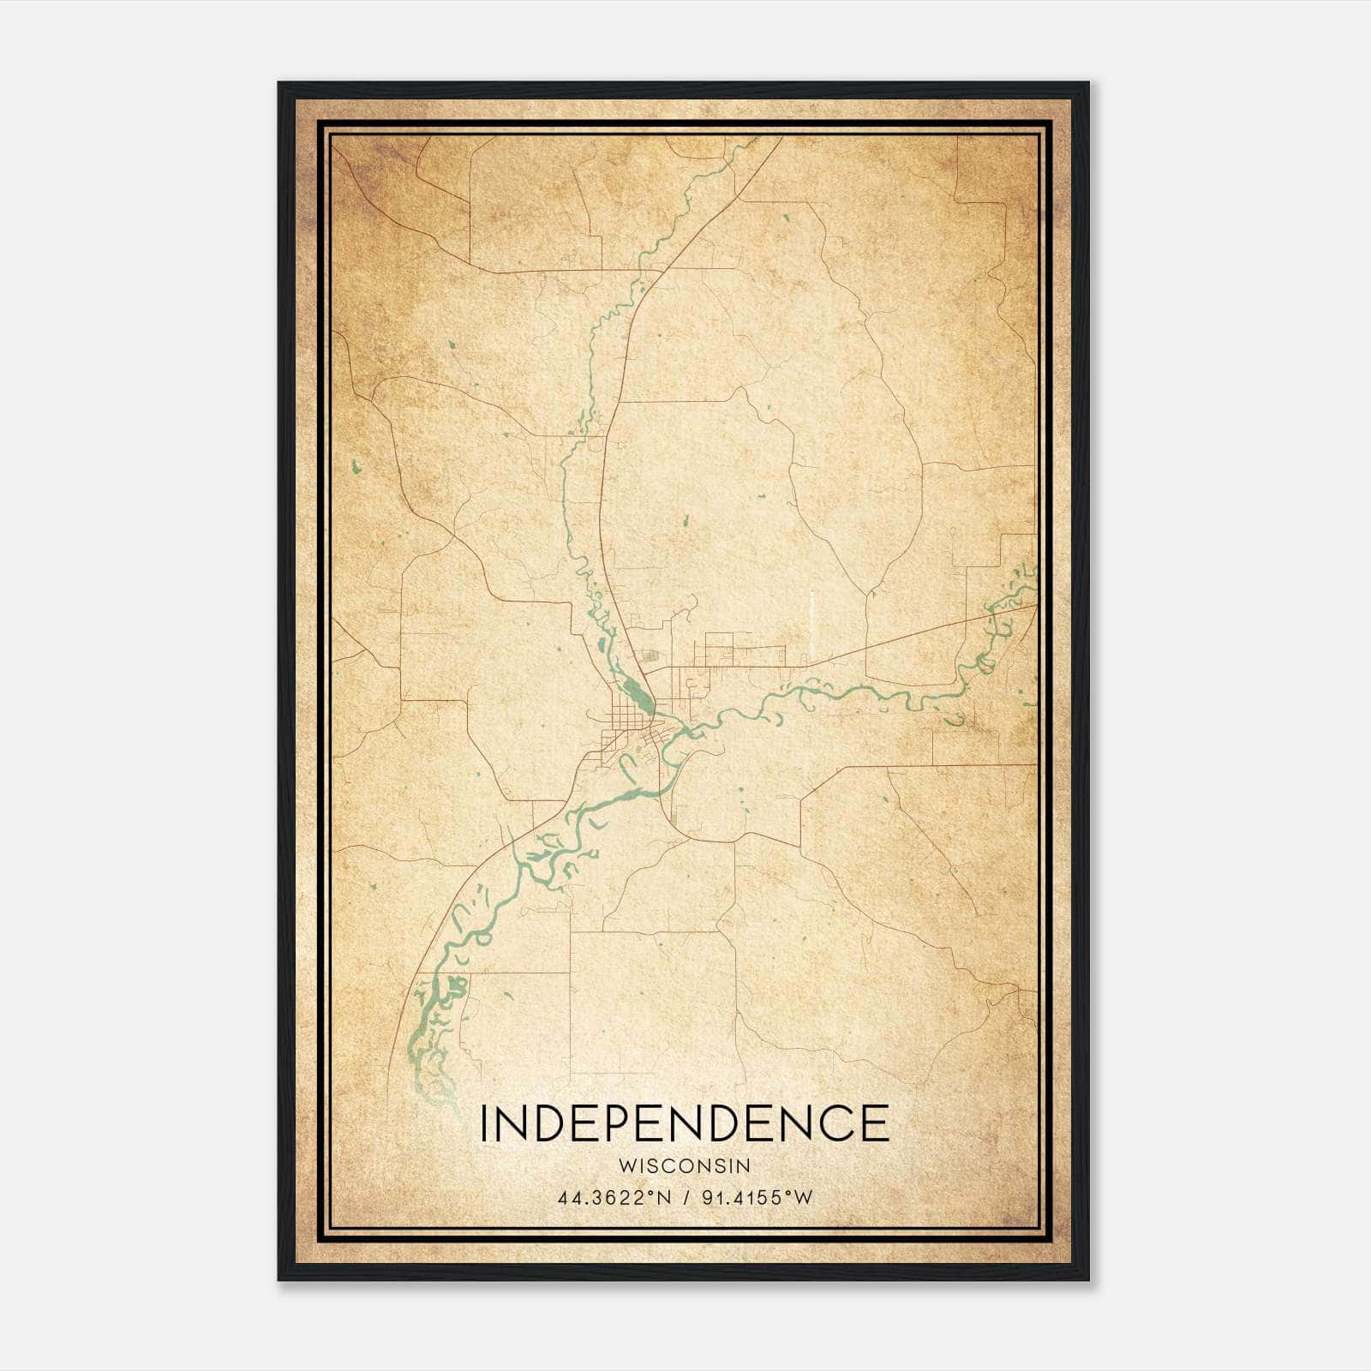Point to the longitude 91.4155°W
(757, 1198)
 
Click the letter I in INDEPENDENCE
(485, 1123)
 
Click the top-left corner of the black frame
(279, 83)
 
